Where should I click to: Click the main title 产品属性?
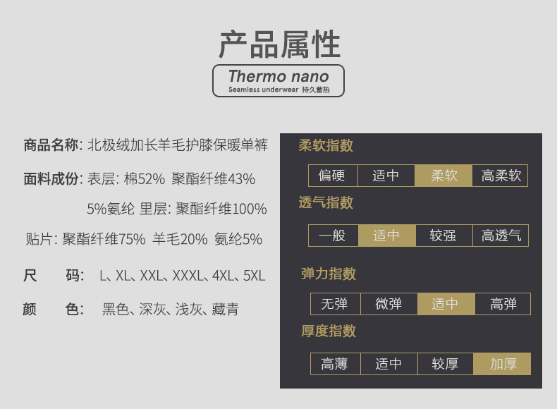coord(280,44)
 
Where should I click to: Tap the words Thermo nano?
coord(278,76)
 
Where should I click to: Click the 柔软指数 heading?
coord(326,145)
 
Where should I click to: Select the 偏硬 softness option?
coord(333,176)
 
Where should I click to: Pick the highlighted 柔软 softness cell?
coord(443,176)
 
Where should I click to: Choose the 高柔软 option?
coord(500,176)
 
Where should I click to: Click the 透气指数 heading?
coord(326,202)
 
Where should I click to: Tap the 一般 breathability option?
coord(333,236)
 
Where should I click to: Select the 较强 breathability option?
coord(444,236)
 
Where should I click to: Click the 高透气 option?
coord(501,236)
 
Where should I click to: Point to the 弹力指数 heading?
coord(329,274)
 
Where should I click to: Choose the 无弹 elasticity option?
coord(336,304)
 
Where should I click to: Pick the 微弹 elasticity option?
coord(389,304)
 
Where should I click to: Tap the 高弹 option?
coord(503,304)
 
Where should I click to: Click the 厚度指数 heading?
coord(329,331)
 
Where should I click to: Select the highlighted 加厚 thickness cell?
coord(502,364)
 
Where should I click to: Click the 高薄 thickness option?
coord(336,364)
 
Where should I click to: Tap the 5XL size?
coord(255,276)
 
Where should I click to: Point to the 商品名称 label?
coord(51,145)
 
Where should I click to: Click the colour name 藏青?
coord(226,309)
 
